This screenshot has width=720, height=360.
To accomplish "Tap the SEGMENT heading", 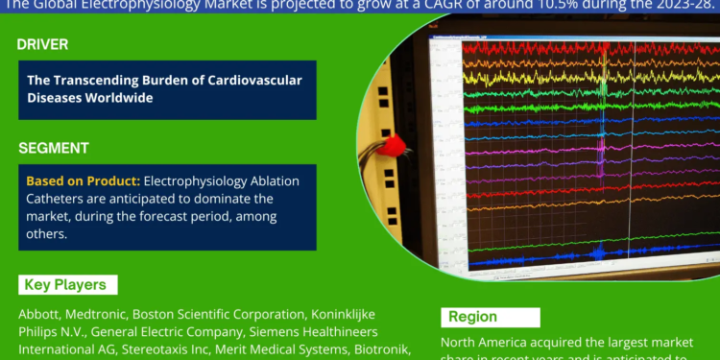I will click(53, 148).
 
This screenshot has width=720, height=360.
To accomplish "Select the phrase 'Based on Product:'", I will click(82, 181).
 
